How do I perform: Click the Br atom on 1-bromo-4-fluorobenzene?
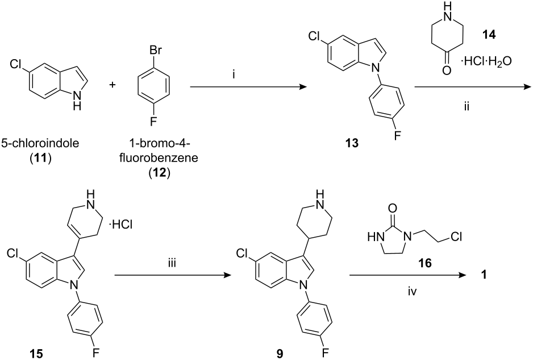tap(155, 51)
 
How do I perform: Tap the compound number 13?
tap(352, 143)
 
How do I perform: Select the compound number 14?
tap(489, 34)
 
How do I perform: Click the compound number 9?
tap(280, 354)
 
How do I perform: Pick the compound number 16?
tap(425, 263)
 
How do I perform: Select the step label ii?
tap(467, 107)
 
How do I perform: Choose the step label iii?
tap(172, 263)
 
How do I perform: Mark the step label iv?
tap(412, 291)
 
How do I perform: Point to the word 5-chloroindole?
tap(40, 143)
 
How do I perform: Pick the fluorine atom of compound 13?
tap(397, 136)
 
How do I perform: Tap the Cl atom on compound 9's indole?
tap(241, 253)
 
